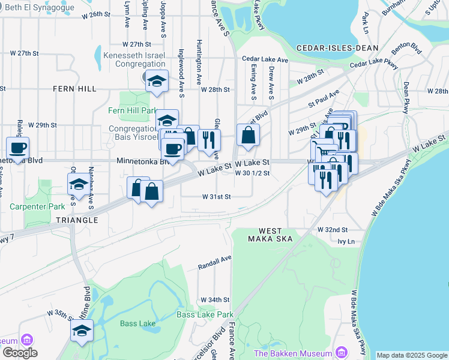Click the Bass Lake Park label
pos(205,314)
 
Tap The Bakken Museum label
pos(294,352)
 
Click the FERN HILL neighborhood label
pos(74,89)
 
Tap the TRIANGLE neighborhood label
pos(77,220)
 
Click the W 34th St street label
pos(215,299)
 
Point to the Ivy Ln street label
pos(346,241)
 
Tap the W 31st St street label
pos(216,196)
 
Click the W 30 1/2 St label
pos(253,173)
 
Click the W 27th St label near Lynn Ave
pos(135,44)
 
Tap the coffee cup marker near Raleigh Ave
pos(17,146)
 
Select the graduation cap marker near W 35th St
pos(81,330)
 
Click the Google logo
pos(20,353)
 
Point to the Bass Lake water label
pos(137,323)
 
